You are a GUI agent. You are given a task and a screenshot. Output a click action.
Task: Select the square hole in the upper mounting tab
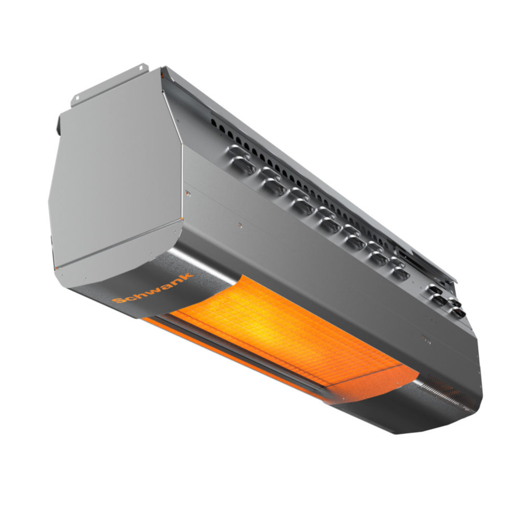[x=140, y=68]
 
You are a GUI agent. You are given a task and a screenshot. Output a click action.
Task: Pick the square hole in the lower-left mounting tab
[x=77, y=98]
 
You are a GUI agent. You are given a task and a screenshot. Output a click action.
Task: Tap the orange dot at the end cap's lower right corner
[x=182, y=219]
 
